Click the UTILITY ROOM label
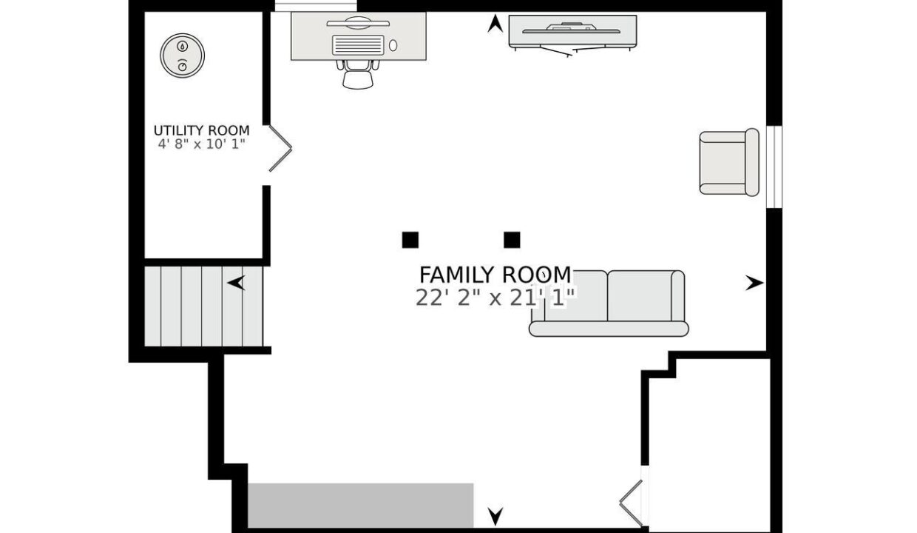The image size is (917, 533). click(x=201, y=130)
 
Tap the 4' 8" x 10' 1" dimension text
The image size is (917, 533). click(x=201, y=144)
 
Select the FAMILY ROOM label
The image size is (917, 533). click(x=495, y=275)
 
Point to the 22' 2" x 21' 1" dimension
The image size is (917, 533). click(x=495, y=298)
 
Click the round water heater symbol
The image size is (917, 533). click(x=182, y=55)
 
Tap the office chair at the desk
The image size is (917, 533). click(x=358, y=74)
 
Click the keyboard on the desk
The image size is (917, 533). click(x=358, y=45)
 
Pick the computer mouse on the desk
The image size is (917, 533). click(x=393, y=45)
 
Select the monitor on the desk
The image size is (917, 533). click(x=358, y=23)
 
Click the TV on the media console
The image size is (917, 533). click(x=571, y=28)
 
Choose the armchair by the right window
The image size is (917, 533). click(x=729, y=162)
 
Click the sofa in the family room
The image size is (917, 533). click(x=609, y=304)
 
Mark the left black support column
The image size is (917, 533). click(x=410, y=240)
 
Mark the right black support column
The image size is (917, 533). click(x=512, y=240)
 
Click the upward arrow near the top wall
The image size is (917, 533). click(x=495, y=23)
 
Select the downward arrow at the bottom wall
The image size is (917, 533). click(x=495, y=517)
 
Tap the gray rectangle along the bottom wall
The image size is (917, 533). click(x=361, y=506)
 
